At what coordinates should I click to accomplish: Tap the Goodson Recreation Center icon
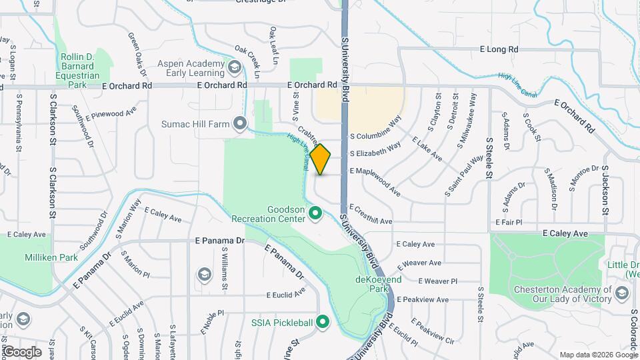[316, 214]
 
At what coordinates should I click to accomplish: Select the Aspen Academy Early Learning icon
[234, 67]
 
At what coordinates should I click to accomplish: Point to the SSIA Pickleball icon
[323, 323]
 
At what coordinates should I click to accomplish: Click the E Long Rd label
[499, 49]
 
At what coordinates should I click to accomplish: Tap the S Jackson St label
[606, 191]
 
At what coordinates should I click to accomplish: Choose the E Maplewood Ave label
[375, 176]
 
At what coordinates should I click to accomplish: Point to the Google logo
[22, 352]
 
